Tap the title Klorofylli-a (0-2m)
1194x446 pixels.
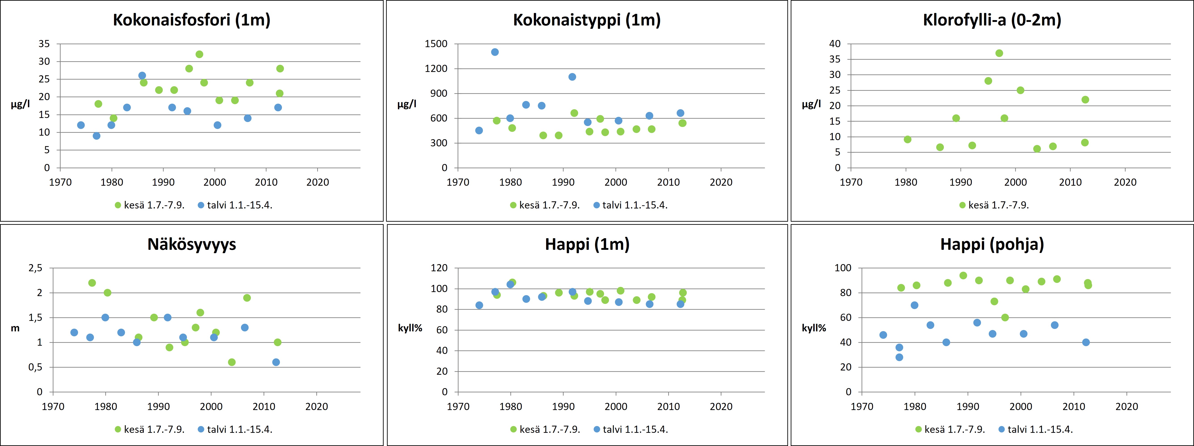pos(992,20)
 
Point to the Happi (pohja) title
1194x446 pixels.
pos(992,244)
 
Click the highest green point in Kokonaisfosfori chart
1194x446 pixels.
pos(199,54)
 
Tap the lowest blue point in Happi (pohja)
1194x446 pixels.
pos(899,357)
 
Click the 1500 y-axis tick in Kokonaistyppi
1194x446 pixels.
pos(436,44)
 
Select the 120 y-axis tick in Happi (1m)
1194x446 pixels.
pos(439,268)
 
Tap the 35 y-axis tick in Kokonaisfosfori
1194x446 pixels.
pos(44,44)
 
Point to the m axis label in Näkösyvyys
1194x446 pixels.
pos(15,328)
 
